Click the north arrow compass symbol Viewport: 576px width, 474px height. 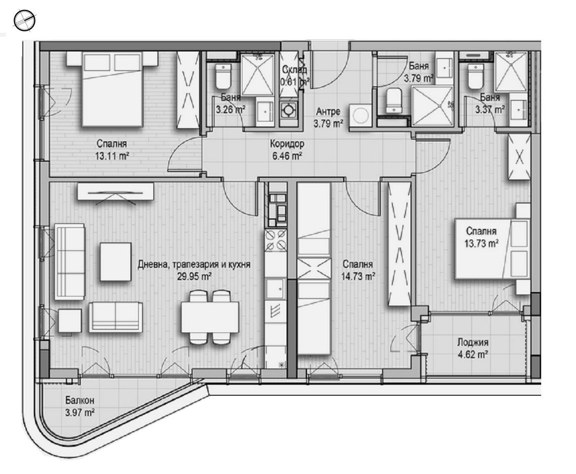pyautogui.click(x=24, y=21)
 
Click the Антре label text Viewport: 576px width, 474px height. pyautogui.click(x=328, y=111)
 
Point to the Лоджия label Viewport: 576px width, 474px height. pyautogui.click(x=473, y=343)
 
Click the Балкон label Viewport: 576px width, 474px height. pyautogui.click(x=80, y=401)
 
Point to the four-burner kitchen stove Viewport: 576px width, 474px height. pyautogui.click(x=276, y=239)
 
